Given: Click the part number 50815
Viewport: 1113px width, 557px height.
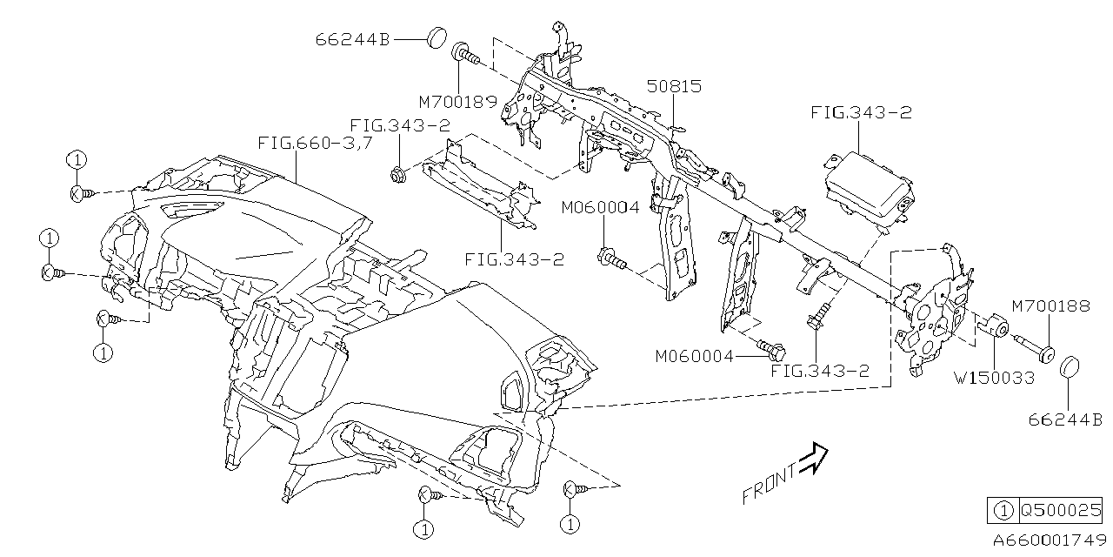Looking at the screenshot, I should click(674, 86).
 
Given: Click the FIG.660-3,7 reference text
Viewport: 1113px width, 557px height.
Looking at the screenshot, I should click(316, 143).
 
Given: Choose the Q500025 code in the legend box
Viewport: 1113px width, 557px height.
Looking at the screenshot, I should click(1060, 510).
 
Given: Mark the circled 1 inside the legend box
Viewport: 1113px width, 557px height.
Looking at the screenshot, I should click(1003, 510).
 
